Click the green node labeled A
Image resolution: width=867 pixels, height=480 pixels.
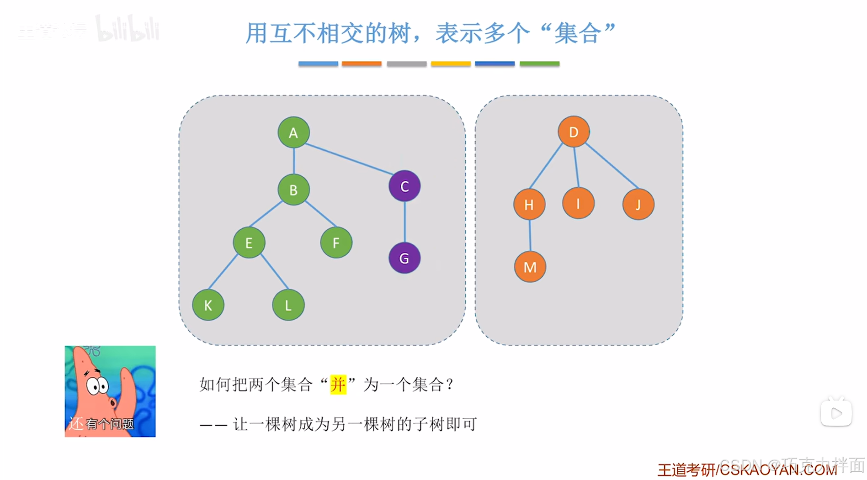293,132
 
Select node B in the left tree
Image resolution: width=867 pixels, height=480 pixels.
293,190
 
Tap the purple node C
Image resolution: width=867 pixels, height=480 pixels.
404,186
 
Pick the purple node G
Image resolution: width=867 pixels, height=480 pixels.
404,258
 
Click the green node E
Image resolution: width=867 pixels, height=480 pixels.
249,243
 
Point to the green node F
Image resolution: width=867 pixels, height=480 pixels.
336,243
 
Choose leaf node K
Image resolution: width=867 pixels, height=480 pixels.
208,305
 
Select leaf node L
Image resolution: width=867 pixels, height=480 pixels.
288,305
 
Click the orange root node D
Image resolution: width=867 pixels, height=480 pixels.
574,132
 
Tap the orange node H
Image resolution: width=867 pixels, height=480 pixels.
529,204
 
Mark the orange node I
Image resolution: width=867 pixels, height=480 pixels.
578,203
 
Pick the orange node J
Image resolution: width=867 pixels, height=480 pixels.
638,204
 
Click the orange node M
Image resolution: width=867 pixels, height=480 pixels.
530,267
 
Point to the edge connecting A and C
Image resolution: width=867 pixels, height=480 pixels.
348,159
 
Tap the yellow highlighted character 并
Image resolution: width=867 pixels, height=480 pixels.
338,385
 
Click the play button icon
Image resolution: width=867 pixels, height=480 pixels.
836,413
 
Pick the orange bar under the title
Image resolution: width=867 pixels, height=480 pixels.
362,63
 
